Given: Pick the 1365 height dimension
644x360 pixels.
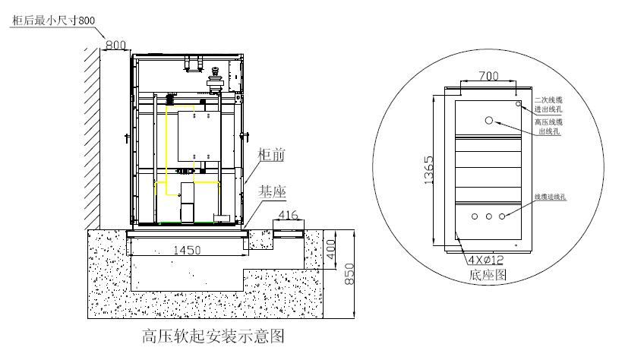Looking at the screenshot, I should pyautogui.click(x=429, y=170).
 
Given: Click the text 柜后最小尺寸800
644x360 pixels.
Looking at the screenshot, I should pyautogui.click(x=52, y=20).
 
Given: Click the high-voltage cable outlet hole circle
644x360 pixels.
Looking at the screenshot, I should pyautogui.click(x=489, y=120).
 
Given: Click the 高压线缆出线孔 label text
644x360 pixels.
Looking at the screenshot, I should pyautogui.click(x=548, y=126).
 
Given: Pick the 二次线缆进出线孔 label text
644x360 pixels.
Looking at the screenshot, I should pyautogui.click(x=548, y=104).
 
